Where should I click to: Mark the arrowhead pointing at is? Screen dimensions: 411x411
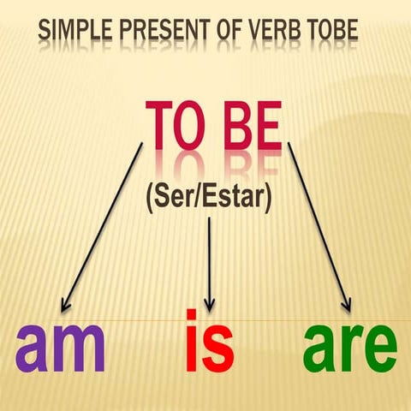point(210,307)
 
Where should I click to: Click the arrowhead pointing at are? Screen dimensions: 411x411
point(347,306)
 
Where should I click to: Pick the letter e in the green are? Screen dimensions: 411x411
point(378,351)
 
